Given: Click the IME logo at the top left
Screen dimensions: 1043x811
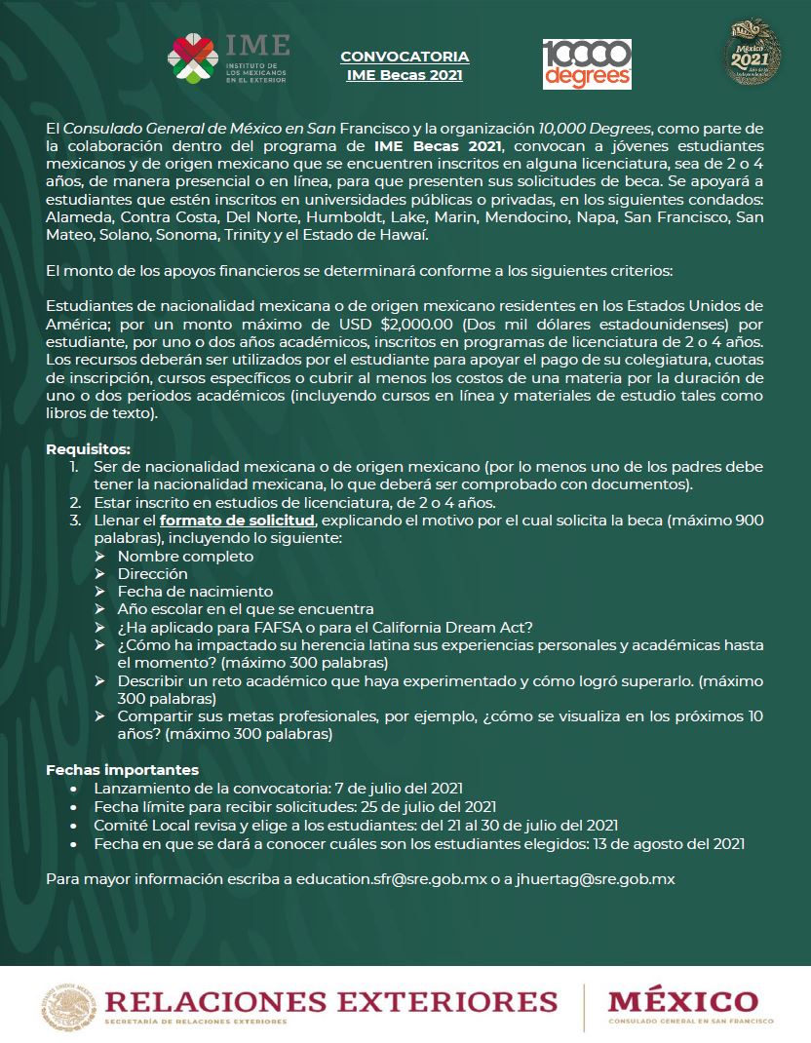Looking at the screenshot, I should point(229,60).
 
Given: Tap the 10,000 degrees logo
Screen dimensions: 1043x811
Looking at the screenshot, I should point(587,64).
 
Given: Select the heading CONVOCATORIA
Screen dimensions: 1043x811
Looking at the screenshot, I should point(405,57).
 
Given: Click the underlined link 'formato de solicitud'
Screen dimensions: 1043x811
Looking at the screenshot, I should point(237,521).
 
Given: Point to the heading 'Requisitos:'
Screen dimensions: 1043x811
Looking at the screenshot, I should point(88,449).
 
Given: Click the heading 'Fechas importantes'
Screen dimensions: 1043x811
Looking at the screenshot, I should point(122,770).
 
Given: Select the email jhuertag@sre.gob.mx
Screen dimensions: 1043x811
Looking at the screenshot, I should point(596,878).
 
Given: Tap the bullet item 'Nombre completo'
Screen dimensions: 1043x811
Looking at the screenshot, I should point(185,556).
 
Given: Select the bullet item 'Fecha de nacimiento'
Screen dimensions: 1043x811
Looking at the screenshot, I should point(195,591).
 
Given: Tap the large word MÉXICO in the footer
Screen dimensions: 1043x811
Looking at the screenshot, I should point(682,1000).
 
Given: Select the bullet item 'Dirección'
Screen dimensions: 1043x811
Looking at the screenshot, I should point(152,573).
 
